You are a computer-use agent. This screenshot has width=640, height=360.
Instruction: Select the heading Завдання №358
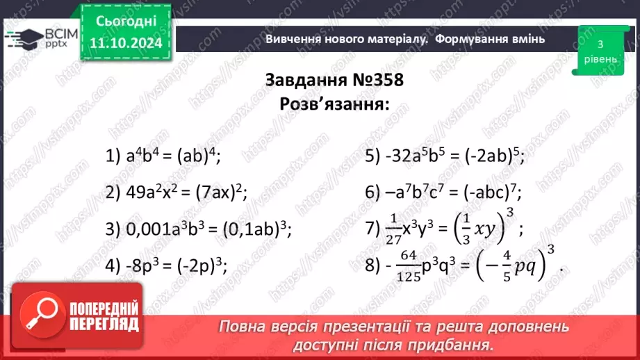pos(334,80)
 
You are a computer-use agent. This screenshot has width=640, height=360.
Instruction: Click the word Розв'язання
pos(334,104)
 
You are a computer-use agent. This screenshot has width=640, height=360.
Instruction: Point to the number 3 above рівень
pos(599,44)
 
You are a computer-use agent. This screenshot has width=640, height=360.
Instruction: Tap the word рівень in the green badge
pos(599,59)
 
